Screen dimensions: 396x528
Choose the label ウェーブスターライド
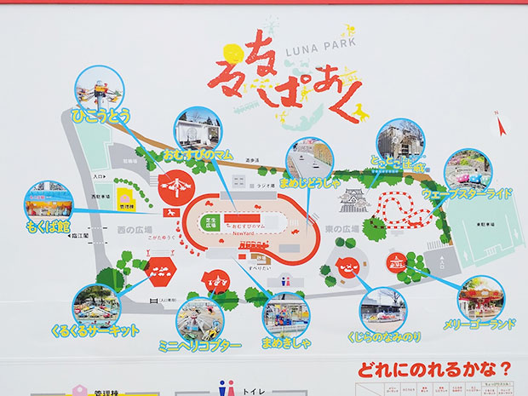point(468,194)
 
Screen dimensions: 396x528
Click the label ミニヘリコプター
point(201,345)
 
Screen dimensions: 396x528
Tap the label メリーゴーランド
point(478,324)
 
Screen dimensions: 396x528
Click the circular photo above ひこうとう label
point(96,86)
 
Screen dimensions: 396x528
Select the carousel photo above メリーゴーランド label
point(480,297)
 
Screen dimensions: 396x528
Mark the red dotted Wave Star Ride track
point(402,209)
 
